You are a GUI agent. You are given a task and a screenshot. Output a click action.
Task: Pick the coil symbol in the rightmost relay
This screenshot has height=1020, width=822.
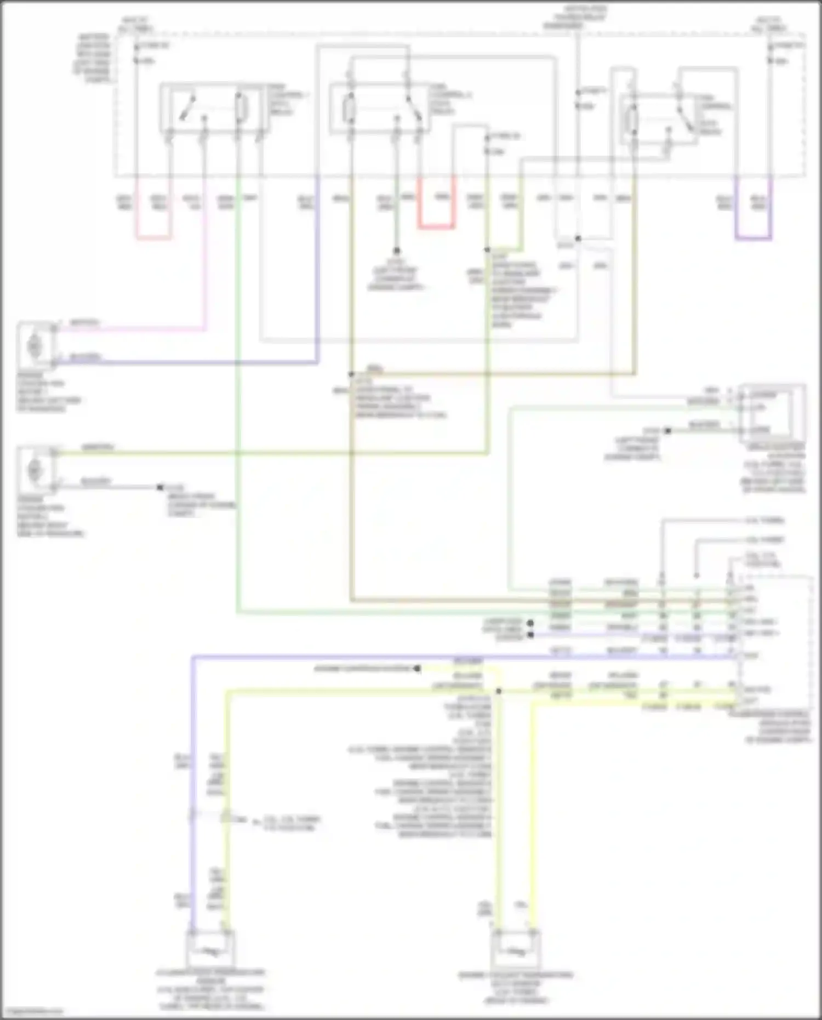point(633,118)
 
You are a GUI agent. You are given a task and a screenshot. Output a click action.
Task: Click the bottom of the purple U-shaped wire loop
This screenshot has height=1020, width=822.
point(754,238)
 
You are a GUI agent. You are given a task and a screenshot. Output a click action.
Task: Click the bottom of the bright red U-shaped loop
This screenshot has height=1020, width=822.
point(437,226)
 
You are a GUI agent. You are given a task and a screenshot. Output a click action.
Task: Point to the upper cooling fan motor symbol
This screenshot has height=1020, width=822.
point(34,346)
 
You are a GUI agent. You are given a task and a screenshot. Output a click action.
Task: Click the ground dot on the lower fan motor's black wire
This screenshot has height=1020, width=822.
point(160,487)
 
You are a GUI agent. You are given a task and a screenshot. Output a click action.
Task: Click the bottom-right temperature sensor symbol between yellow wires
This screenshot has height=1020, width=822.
point(516,953)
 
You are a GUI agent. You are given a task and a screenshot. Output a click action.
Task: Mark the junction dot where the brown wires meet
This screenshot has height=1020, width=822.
point(351,375)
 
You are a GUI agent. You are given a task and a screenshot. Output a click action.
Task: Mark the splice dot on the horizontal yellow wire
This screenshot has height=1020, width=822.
point(498,691)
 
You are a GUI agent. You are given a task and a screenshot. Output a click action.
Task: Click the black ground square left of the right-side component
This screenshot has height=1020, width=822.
point(667,431)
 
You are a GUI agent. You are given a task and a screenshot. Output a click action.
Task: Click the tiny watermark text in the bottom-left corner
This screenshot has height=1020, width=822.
point(32,1011)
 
